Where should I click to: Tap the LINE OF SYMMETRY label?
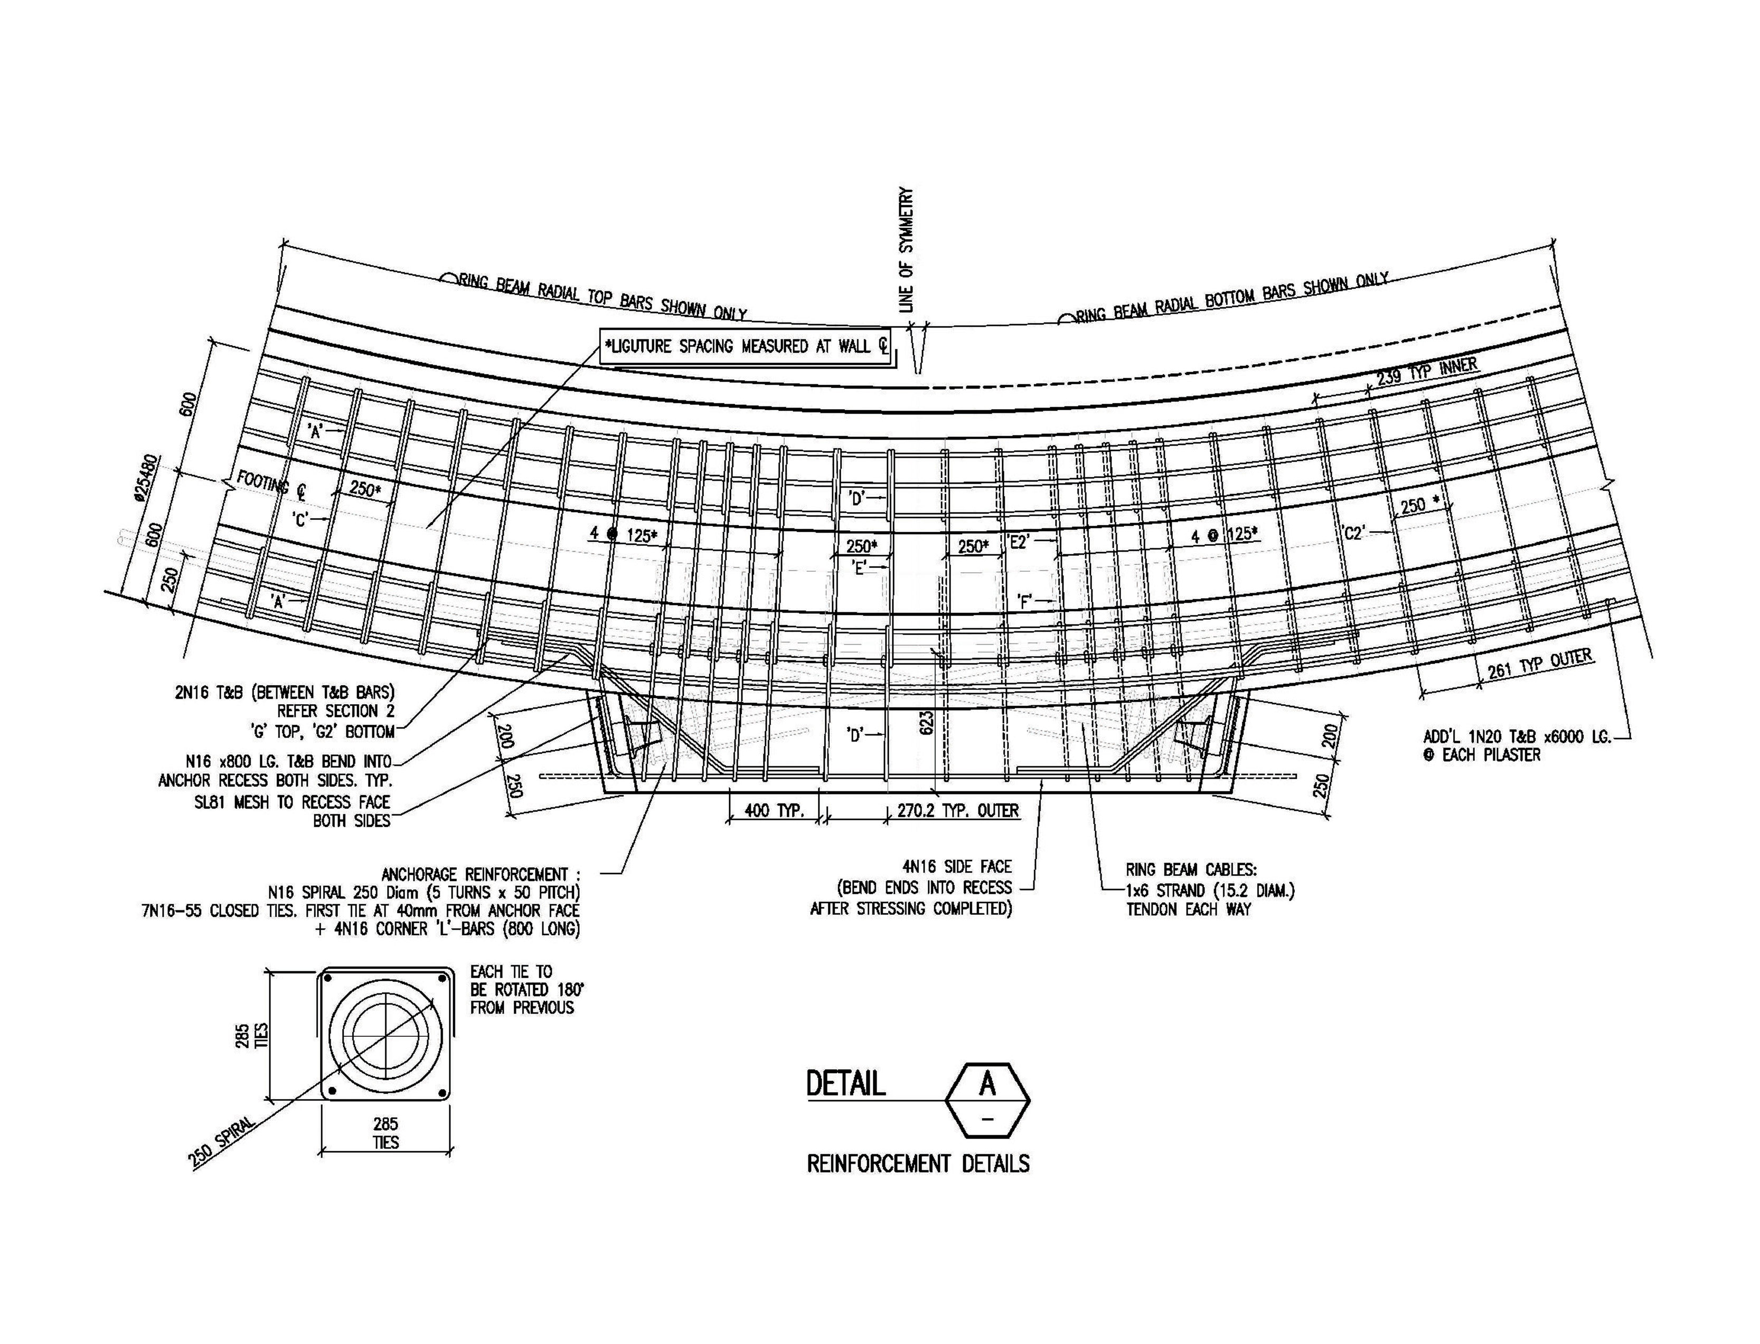(906, 250)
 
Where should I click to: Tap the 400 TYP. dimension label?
(774, 810)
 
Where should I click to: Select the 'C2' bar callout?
(1353, 533)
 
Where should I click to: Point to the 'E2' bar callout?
(1019, 542)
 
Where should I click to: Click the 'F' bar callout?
(1024, 600)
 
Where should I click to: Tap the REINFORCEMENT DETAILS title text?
(918, 1163)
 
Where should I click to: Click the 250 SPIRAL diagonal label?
(222, 1142)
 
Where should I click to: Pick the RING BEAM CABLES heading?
(1190, 869)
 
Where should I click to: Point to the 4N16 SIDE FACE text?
(956, 866)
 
